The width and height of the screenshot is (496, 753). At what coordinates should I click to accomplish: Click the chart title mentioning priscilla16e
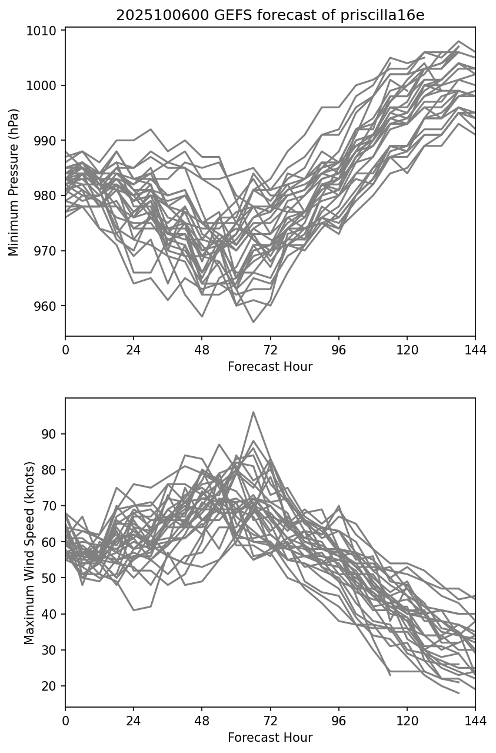tap(270, 15)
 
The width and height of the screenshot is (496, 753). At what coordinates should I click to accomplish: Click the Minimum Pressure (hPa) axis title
tap(14, 182)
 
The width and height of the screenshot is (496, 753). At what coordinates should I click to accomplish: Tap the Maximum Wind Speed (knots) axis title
tap(29, 553)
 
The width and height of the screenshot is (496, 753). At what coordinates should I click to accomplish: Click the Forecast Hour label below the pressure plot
tap(270, 367)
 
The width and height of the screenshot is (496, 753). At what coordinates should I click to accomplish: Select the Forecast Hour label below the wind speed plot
tap(270, 738)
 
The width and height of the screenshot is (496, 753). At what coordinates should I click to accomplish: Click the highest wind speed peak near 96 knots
tap(253, 412)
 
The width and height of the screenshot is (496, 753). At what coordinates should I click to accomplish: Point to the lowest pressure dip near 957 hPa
tap(253, 322)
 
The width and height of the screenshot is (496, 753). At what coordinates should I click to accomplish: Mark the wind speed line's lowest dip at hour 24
tap(134, 610)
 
